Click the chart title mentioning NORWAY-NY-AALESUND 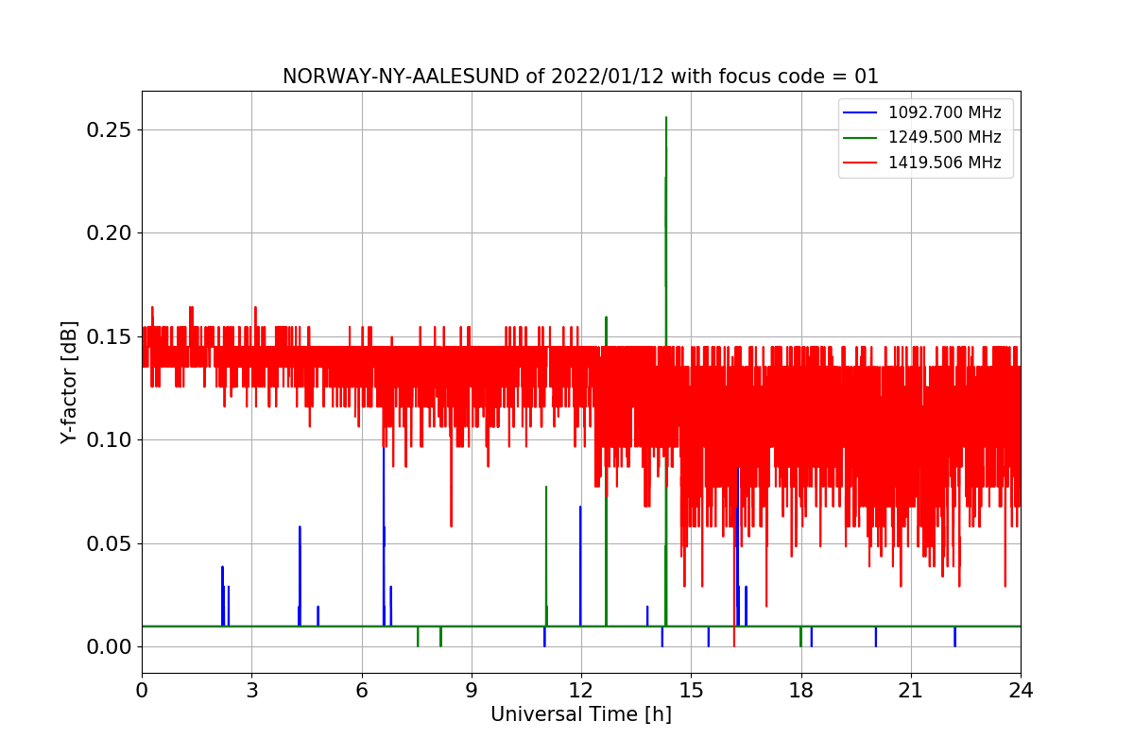tap(580, 77)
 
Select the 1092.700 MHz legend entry tap(944, 112)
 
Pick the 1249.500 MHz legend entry tap(944, 137)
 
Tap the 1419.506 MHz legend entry tap(944, 163)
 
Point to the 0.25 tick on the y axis tap(107, 129)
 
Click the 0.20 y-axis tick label tap(107, 232)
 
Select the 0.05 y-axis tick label tap(107, 543)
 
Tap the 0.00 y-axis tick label tap(107, 646)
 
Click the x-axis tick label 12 tap(580, 691)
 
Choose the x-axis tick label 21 tap(910, 691)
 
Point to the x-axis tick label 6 tap(361, 691)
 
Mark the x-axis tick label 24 tap(1020, 691)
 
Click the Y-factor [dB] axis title tap(69, 382)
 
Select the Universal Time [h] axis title tap(580, 715)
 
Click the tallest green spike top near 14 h tap(666, 117)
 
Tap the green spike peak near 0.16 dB tap(606, 318)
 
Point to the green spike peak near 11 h tap(546, 487)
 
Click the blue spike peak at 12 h tap(580, 507)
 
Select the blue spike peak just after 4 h tap(300, 527)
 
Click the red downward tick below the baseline tap(734, 644)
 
